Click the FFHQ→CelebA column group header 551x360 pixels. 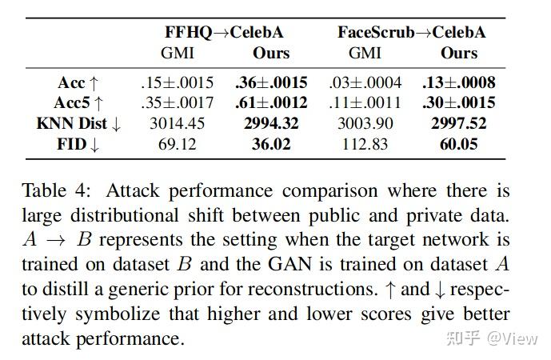pyautogui.click(x=225, y=33)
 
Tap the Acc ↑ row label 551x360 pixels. pyautogui.click(x=78, y=82)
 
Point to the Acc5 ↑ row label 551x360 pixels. pyautogui.click(x=78, y=103)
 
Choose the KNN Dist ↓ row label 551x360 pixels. pyautogui.click(x=78, y=124)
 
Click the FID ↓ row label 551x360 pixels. pyautogui.click(x=78, y=145)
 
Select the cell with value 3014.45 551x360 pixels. pyautogui.click(x=177, y=124)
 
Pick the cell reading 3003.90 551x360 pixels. pyautogui.click(x=366, y=124)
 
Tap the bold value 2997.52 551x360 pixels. pyautogui.click(x=458, y=124)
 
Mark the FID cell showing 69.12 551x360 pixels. pyautogui.click(x=177, y=145)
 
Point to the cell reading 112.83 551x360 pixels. pyautogui.click(x=366, y=145)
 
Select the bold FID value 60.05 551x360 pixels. pyautogui.click(x=458, y=145)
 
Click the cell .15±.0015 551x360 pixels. pyautogui.click(x=177, y=82)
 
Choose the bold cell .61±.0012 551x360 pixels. pyautogui.click(x=271, y=103)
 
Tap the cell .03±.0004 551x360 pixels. pyautogui.click(x=366, y=82)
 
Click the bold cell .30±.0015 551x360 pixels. pyautogui.click(x=458, y=103)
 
